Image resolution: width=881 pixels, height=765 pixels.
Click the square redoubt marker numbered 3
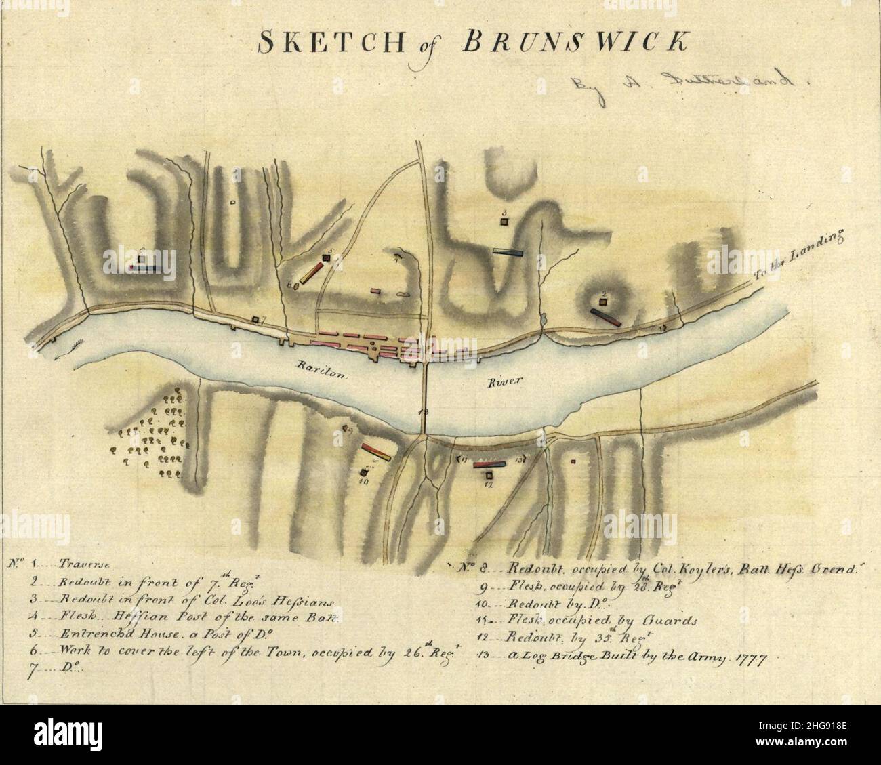click(x=505, y=220)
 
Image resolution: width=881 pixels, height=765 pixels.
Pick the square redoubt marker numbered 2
click(x=602, y=302)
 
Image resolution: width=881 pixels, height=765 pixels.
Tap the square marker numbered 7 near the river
click(x=255, y=319)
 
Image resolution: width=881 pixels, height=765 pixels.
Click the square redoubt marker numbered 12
click(x=489, y=476)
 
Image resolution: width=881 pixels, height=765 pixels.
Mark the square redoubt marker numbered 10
click(x=365, y=473)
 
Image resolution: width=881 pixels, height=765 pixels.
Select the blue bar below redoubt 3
click(x=508, y=251)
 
